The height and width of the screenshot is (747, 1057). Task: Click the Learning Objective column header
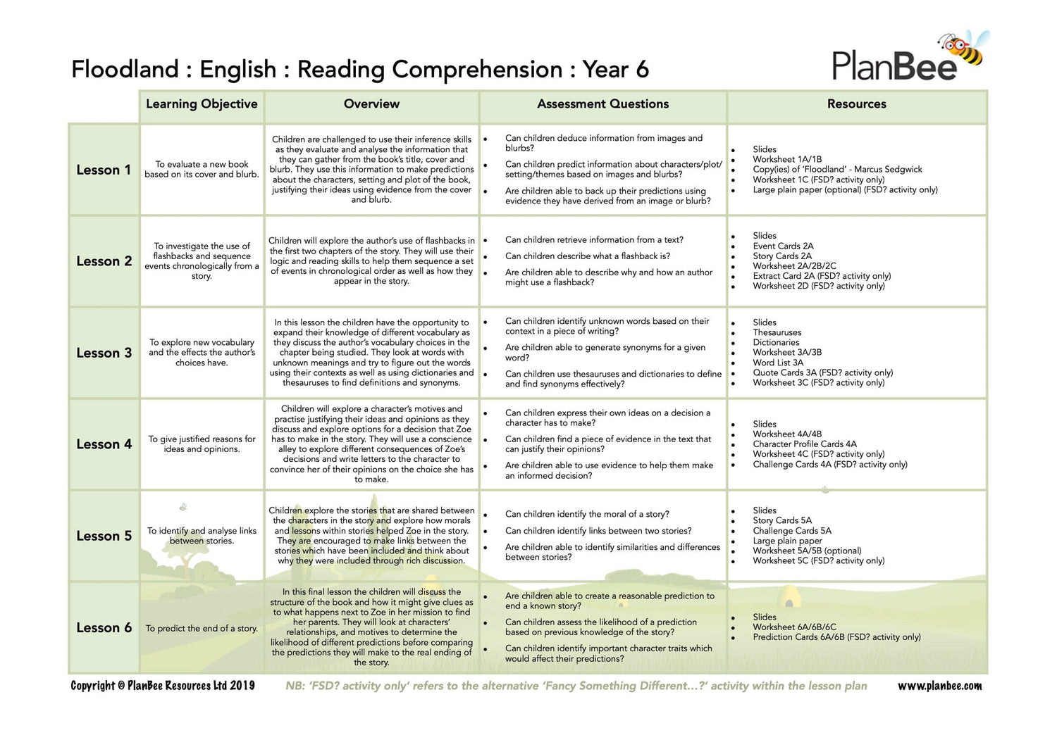tap(202, 104)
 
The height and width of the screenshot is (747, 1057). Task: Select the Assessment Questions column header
tap(602, 104)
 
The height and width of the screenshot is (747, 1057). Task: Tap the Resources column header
tap(856, 104)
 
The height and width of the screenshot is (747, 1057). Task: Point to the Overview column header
tap(371, 104)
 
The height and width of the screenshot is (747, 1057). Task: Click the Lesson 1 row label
tap(104, 170)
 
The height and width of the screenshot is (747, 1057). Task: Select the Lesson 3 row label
tap(104, 353)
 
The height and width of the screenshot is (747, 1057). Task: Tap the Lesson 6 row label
tap(104, 628)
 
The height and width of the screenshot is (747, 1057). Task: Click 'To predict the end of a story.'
tap(202, 629)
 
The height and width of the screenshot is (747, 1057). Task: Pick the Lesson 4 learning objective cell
tap(202, 444)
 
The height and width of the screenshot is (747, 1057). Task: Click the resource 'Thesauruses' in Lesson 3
tap(777, 332)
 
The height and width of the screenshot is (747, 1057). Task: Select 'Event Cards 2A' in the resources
tap(783, 246)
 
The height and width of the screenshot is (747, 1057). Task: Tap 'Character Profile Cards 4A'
tap(804, 444)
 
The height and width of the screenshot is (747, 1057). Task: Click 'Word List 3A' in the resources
tap(778, 363)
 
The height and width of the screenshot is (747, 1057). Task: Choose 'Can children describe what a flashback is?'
tap(587, 256)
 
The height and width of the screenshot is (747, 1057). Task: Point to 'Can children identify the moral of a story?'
tap(587, 515)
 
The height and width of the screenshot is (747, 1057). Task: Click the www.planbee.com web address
tap(939, 686)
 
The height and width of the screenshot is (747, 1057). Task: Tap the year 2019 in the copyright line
tap(242, 686)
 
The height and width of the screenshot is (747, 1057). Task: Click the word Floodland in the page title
tap(125, 70)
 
